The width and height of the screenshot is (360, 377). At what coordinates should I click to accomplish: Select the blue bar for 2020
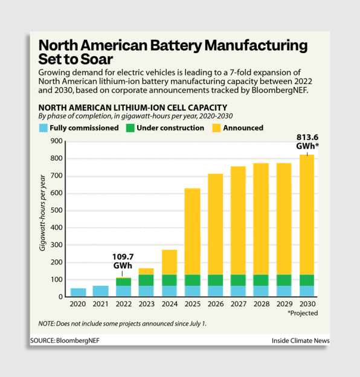tap(79, 292)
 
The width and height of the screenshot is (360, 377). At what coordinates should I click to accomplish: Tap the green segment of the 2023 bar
tap(146, 280)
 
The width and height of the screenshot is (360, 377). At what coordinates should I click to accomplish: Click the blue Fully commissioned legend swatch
tap(43, 128)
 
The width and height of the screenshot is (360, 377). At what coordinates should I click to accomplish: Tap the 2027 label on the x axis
tap(237, 304)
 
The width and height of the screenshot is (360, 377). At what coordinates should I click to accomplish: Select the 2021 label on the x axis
tap(101, 304)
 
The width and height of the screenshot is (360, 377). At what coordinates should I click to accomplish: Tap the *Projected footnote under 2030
tap(302, 313)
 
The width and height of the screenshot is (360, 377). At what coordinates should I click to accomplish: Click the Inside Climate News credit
tap(300, 341)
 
